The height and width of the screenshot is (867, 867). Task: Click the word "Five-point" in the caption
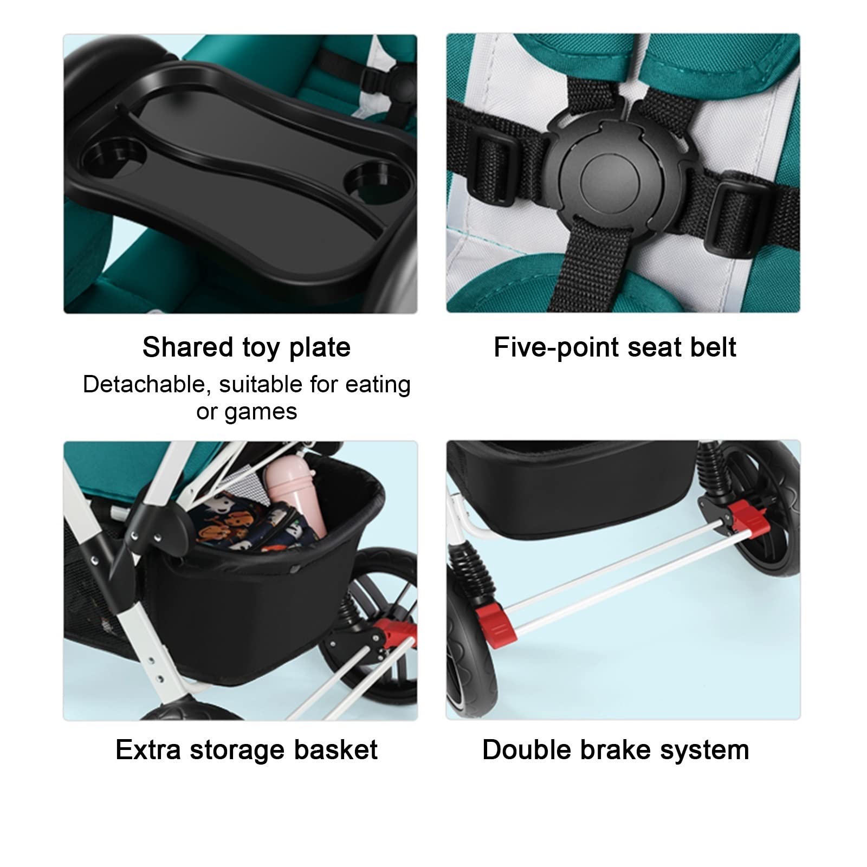coord(556,347)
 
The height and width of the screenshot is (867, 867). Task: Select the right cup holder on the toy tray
coord(378,185)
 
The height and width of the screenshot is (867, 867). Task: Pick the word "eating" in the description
coord(378,385)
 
